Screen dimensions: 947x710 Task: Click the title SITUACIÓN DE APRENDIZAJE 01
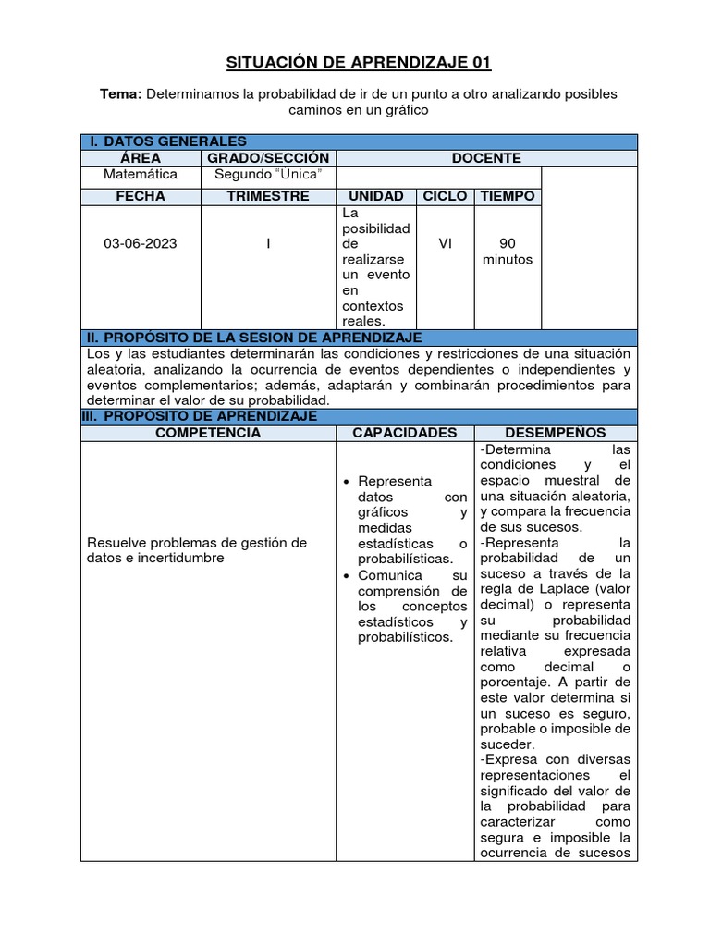359,63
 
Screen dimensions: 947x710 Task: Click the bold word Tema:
121,94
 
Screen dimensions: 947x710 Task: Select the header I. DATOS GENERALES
168,141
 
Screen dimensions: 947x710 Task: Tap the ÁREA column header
141,158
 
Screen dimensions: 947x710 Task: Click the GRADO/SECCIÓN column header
267,158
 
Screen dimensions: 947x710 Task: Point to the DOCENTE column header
486,158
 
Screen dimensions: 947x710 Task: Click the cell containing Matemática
141,174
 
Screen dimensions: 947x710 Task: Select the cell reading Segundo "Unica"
267,174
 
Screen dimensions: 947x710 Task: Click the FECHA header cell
141,196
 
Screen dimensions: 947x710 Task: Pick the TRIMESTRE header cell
267,196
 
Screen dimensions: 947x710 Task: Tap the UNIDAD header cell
375,196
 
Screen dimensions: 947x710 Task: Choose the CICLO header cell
445,196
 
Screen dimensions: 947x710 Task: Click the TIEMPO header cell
508,196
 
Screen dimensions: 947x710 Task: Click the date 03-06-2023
141,244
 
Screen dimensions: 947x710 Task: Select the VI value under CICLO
446,244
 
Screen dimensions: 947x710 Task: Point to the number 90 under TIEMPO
508,244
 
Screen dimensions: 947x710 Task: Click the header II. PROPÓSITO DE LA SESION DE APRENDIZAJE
254,338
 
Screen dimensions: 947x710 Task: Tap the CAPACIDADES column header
405,433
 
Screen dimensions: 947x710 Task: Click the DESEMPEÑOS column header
556,433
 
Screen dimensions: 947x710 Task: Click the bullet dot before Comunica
345,575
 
